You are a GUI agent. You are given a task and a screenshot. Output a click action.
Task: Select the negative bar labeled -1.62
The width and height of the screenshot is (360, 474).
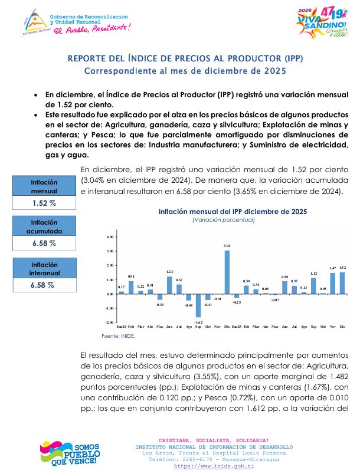pos(198,305)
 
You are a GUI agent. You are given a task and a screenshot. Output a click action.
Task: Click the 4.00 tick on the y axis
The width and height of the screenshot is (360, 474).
pos(109,237)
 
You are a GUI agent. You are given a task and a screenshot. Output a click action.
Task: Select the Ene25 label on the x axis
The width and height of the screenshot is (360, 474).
pos(237,326)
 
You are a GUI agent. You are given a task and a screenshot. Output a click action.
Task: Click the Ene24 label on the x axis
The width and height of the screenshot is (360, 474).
pos(122,326)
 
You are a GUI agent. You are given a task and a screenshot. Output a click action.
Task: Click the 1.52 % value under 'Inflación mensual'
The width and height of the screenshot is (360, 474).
pos(44,203)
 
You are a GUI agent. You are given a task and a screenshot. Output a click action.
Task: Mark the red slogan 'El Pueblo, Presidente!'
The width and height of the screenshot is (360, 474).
pos(90,27)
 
